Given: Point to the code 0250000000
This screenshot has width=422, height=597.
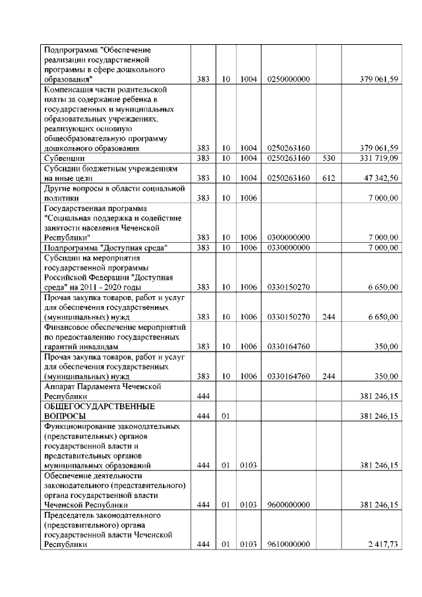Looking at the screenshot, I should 289,79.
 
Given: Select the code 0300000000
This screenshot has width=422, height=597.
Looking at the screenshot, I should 289,237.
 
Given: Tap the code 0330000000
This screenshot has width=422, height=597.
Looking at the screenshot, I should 289,247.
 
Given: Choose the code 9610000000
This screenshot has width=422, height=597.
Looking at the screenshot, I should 289,546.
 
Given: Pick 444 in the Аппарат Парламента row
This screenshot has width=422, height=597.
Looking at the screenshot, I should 203,396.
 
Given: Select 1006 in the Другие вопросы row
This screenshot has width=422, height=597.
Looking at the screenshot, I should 248,198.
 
